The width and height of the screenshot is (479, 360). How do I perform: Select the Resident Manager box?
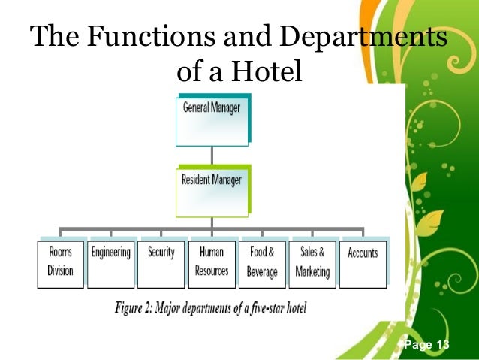tap(212, 190)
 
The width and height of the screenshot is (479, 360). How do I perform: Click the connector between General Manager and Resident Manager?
tap(212, 155)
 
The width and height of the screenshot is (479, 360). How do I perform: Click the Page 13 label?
tap(426, 345)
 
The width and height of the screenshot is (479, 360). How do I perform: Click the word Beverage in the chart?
tap(262, 271)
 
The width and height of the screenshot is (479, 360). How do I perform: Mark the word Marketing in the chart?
tap(312, 271)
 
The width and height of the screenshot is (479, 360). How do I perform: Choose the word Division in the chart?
tap(61, 271)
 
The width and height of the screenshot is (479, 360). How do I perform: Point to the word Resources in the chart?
tap(212, 271)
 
